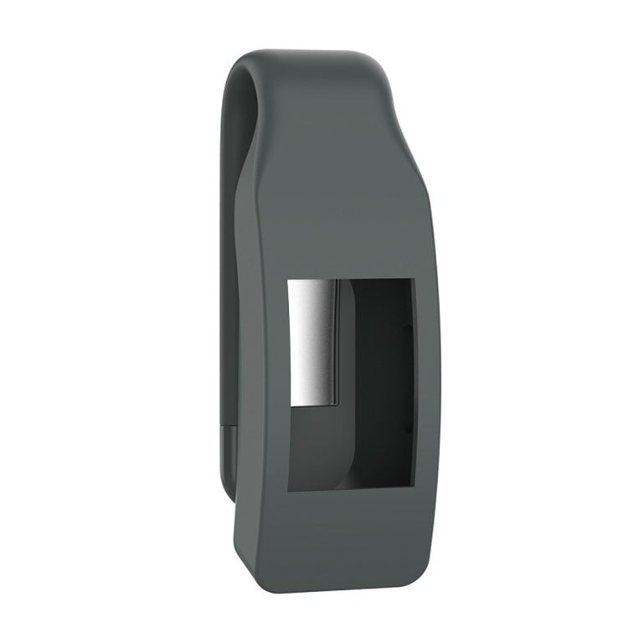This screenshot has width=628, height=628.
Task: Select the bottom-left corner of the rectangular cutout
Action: point(289,490)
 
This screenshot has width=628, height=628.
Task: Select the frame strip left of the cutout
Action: point(264,385)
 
